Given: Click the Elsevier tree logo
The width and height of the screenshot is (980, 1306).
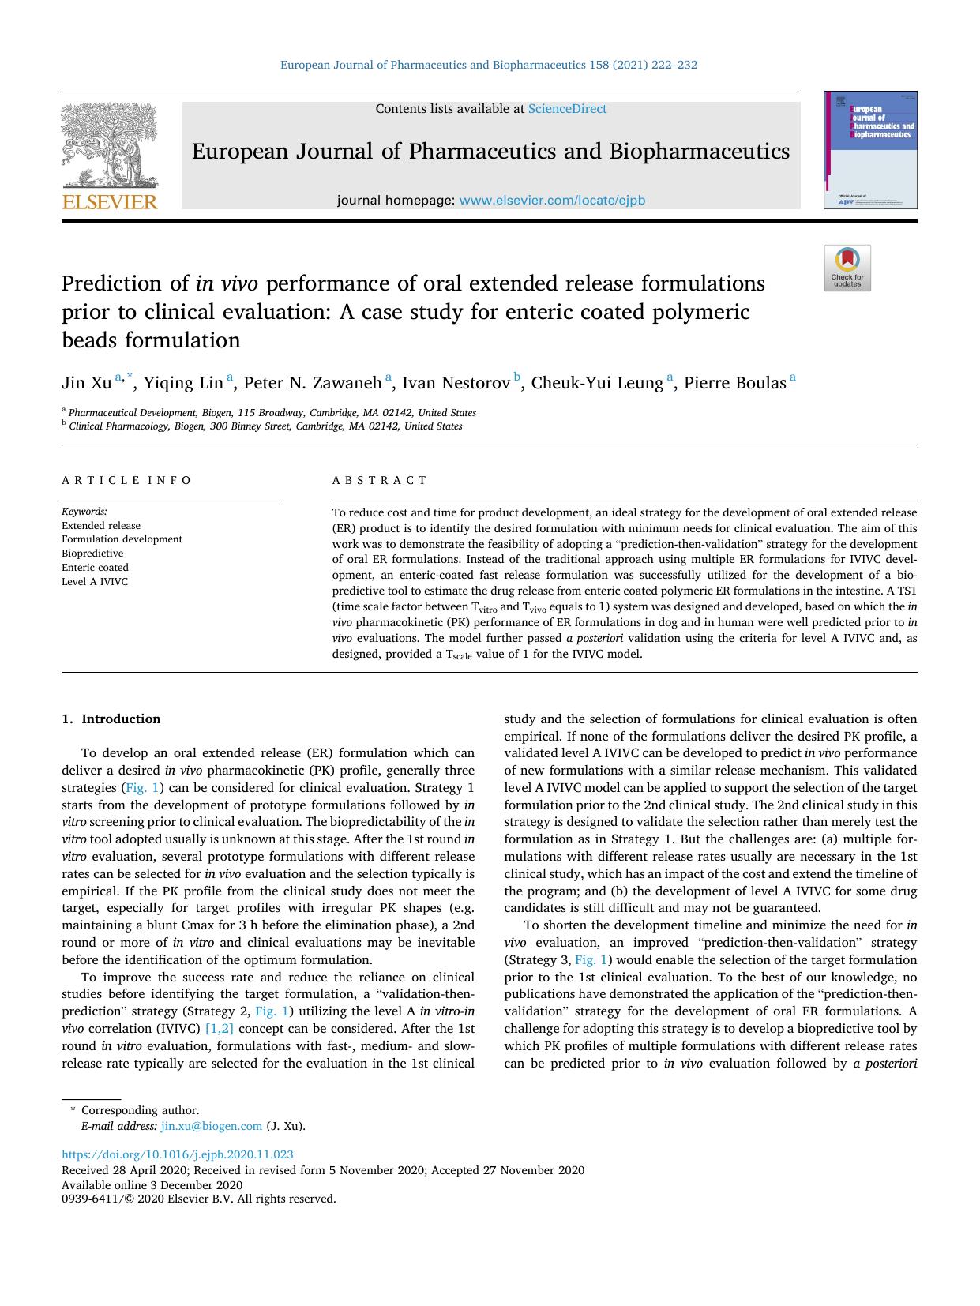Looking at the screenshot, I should (x=109, y=146).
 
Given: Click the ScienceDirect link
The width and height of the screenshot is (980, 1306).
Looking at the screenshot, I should (x=567, y=109).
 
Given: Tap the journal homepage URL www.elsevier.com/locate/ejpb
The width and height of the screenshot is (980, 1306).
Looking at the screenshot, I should (x=552, y=201).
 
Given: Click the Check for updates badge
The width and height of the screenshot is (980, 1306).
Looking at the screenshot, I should (x=847, y=268).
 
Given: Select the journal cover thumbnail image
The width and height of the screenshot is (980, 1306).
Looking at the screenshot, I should (x=871, y=150).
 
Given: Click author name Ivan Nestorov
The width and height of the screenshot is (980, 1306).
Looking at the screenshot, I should (x=456, y=384).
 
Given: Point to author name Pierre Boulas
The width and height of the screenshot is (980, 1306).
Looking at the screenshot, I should (x=734, y=384).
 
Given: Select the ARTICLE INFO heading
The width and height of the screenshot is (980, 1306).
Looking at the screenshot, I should (x=126, y=480).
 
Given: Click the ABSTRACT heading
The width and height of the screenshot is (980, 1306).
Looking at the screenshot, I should (x=379, y=480).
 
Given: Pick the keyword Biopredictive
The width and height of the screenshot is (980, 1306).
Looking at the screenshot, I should (x=92, y=554).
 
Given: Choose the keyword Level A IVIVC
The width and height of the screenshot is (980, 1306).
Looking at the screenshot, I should (x=95, y=582).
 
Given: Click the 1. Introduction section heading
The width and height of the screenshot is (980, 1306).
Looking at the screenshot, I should (x=111, y=719).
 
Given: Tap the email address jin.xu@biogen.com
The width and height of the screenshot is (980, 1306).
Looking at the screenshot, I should (x=211, y=1126).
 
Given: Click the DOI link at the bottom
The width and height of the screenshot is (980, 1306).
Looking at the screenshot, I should (x=178, y=1154).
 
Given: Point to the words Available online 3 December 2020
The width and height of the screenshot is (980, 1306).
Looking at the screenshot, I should (x=152, y=1184).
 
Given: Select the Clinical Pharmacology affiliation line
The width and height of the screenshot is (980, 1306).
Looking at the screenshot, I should (x=265, y=426).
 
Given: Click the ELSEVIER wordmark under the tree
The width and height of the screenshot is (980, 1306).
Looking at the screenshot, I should (x=110, y=202).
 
